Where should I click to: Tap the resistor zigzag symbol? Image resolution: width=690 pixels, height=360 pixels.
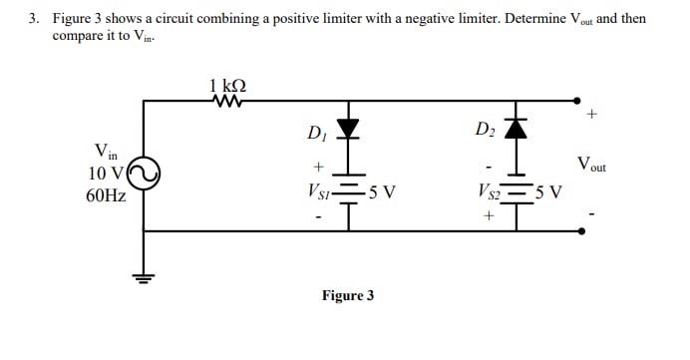point(228,100)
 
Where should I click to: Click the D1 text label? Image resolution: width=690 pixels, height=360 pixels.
point(316,132)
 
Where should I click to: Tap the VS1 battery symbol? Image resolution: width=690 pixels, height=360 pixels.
point(348,191)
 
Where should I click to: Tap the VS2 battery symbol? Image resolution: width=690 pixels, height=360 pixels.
point(517,191)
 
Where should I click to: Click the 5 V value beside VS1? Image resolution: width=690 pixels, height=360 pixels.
point(382,191)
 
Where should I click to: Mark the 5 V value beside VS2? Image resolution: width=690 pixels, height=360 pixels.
point(549,191)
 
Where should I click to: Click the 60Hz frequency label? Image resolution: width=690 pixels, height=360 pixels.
point(106,195)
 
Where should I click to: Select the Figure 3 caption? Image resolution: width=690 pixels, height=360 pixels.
point(347,295)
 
